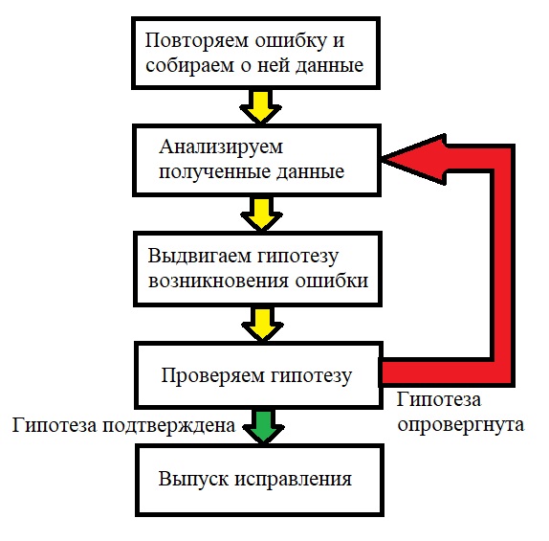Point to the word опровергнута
tap(459, 423)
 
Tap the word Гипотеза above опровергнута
tap(437, 398)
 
